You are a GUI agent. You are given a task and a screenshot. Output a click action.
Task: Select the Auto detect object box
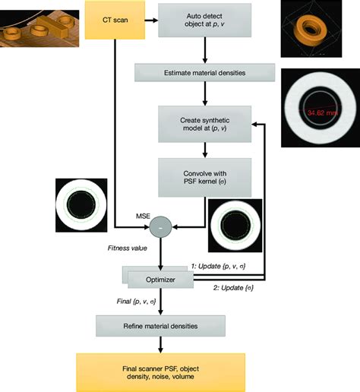204,21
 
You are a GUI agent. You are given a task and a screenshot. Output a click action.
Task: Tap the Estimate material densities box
204,73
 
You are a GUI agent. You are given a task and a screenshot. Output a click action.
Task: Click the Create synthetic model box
204,123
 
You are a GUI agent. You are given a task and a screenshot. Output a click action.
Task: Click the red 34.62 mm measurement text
320,112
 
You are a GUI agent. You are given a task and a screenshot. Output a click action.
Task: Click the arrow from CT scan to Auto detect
150,21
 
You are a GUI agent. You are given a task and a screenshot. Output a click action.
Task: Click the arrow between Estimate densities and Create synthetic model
204,93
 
